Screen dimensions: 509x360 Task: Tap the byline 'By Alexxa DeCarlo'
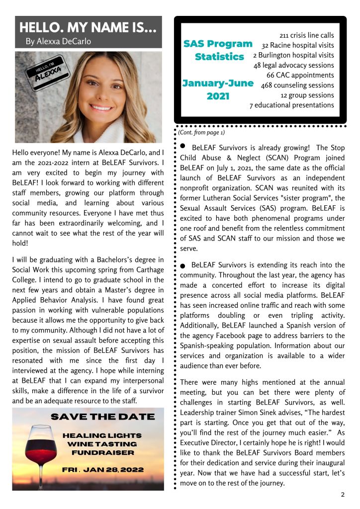click(x=58, y=42)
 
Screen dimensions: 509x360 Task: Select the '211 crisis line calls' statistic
click(x=307, y=36)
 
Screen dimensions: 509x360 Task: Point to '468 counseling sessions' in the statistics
click(x=297, y=85)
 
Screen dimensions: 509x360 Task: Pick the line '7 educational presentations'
click(x=291, y=105)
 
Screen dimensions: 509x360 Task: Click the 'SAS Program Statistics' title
click(x=219, y=50)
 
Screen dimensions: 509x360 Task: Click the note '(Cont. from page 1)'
click(x=201, y=132)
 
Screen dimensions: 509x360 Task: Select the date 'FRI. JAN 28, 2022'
click(x=103, y=470)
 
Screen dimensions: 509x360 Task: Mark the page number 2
click(x=343, y=495)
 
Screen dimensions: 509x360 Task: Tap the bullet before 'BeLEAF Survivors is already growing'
click(x=182, y=146)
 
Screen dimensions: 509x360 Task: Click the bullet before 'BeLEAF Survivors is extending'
click(x=183, y=266)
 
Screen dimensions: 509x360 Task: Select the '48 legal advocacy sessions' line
click(x=293, y=65)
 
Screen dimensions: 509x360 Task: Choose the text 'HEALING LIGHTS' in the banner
click(x=102, y=435)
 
